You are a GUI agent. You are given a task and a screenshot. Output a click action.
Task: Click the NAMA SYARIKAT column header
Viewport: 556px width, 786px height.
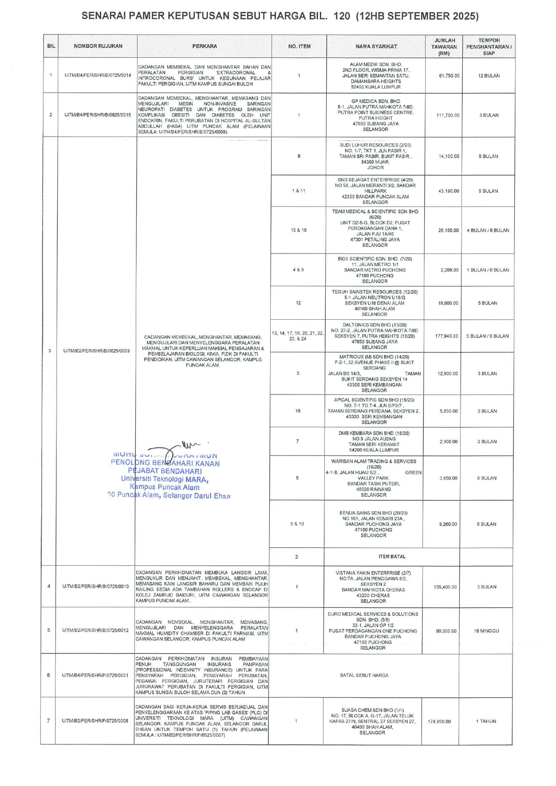click(x=376, y=46)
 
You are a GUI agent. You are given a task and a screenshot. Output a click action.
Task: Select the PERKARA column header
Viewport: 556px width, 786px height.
click(x=204, y=46)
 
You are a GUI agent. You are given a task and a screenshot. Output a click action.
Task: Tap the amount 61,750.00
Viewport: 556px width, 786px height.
click(x=449, y=76)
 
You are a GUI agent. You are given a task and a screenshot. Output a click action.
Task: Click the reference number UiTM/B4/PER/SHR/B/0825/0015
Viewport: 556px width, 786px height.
click(x=98, y=115)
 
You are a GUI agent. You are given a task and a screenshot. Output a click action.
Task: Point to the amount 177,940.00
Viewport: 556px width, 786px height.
click(x=447, y=336)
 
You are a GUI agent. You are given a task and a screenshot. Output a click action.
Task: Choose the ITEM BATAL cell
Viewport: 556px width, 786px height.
click(x=392, y=557)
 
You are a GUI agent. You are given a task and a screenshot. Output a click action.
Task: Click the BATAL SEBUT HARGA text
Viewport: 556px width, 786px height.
click(x=364, y=675)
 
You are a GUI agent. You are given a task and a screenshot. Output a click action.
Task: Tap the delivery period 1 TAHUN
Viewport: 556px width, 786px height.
click(x=486, y=722)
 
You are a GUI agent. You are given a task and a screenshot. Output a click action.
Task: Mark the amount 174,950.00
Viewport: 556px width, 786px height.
click(x=439, y=722)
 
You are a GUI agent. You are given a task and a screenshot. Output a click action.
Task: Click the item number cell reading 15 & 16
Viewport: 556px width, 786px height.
click(x=298, y=230)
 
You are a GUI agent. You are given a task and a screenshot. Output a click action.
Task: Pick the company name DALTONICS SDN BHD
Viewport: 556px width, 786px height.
click(x=375, y=325)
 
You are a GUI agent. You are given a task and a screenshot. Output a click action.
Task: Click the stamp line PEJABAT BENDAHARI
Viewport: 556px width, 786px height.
click(x=165, y=471)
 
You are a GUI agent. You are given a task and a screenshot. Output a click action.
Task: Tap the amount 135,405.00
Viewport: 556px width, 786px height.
click(x=445, y=587)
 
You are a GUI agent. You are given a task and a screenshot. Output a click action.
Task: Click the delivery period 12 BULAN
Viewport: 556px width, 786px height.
click(x=489, y=76)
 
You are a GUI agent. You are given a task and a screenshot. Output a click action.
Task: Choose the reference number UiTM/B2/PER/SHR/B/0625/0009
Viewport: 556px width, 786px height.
click(x=96, y=351)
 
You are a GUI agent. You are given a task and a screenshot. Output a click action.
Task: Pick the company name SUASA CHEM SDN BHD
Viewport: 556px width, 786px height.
click(x=372, y=710)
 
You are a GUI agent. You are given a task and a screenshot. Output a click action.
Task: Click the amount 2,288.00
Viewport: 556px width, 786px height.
click(x=448, y=270)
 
